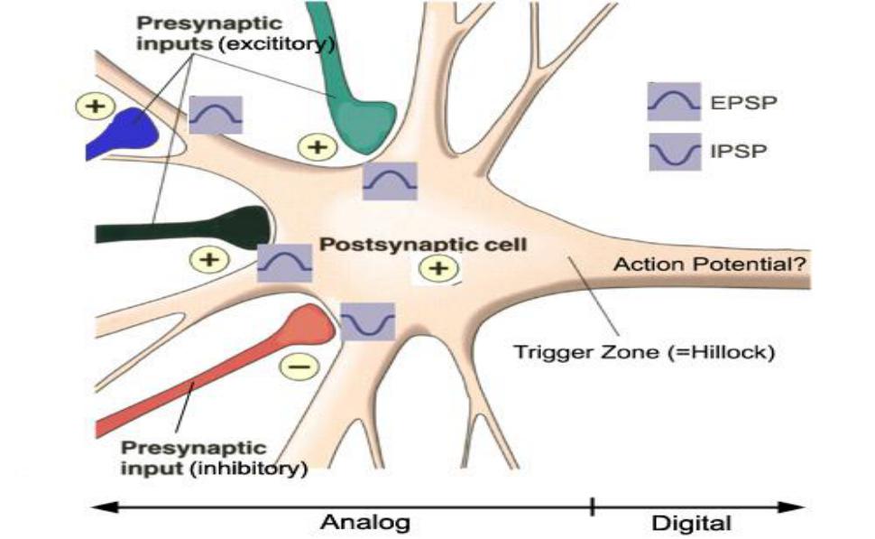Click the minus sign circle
tap(297, 367)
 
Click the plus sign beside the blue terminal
tap(93, 107)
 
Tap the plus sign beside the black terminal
tap(208, 260)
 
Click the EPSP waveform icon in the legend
tap(673, 102)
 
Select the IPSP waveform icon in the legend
tap(673, 151)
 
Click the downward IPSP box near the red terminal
tap(368, 321)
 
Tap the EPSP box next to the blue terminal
tap(216, 115)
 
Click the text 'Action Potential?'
tap(709, 265)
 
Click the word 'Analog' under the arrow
tap(365, 522)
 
